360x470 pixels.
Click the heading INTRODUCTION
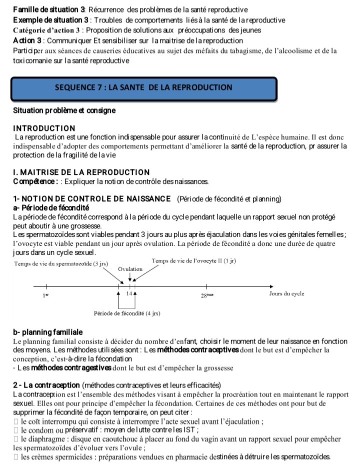point(44,128)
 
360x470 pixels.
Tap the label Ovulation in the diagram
point(130,269)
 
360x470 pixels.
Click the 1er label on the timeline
point(46,295)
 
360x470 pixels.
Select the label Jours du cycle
point(286,293)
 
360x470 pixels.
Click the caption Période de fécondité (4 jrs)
point(127,313)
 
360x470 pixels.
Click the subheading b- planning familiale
point(48,332)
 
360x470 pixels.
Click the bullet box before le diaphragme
point(16,439)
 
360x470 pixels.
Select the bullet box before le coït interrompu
point(16,421)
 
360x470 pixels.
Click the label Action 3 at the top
point(28,40)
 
